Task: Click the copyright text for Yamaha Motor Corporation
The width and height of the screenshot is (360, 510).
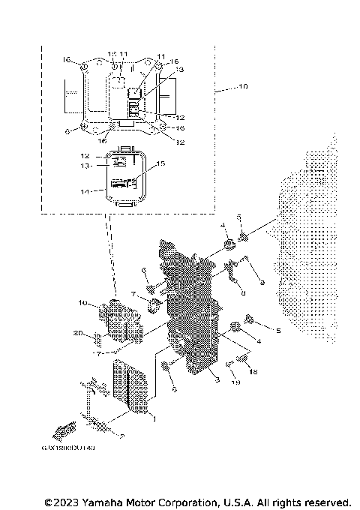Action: tap(198, 501)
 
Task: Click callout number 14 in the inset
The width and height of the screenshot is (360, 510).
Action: tap(87, 192)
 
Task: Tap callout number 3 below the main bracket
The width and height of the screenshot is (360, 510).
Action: tap(217, 382)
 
